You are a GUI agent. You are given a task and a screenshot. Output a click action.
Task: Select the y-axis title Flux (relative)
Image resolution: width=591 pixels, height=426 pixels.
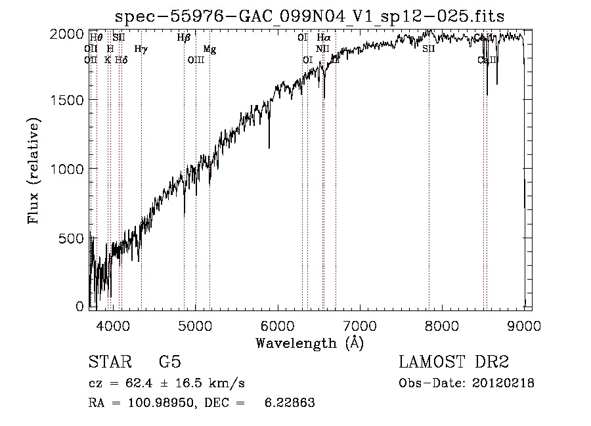(x=33, y=171)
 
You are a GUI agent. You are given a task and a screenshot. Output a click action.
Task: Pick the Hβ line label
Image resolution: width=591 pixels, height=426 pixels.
(x=184, y=38)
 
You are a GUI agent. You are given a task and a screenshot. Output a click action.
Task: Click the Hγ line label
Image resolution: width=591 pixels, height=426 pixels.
(x=141, y=49)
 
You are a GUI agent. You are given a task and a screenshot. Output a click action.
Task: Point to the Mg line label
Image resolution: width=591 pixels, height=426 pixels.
(x=209, y=49)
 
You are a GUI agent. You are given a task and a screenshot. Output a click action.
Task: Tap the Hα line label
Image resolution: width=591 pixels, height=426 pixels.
(x=324, y=38)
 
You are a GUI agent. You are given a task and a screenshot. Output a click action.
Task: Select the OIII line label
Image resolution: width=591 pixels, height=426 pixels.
(x=196, y=60)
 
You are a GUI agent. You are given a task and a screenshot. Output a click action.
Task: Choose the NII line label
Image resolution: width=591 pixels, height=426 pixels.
(x=322, y=49)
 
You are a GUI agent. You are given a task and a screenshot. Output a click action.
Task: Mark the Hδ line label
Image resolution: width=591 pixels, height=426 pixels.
(x=121, y=60)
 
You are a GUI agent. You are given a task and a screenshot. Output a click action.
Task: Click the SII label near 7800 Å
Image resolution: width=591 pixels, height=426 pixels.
(x=429, y=49)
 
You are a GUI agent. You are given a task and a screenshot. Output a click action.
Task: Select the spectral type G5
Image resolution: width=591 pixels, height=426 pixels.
(x=169, y=362)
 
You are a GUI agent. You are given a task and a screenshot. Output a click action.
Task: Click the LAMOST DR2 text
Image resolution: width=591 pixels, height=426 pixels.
(x=454, y=362)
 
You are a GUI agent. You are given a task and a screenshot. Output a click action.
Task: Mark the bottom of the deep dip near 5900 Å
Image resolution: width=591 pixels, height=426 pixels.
(x=269, y=148)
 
